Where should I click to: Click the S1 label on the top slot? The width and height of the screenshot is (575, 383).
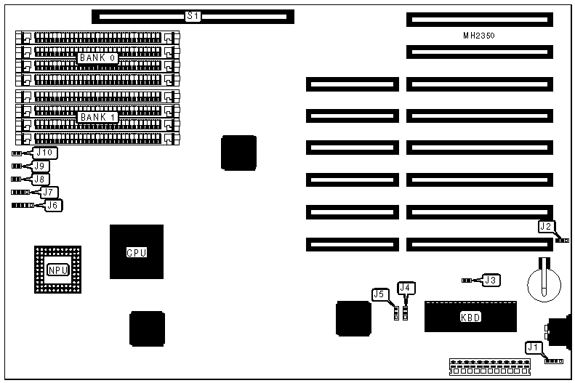pyautogui.click(x=193, y=15)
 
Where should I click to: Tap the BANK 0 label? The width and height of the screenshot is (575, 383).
pyautogui.click(x=98, y=58)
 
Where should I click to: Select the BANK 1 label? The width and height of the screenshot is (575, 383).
pyautogui.click(x=98, y=117)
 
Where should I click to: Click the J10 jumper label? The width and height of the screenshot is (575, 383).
pyautogui.click(x=46, y=153)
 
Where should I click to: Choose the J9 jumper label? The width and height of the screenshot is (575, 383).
pyautogui.click(x=41, y=166)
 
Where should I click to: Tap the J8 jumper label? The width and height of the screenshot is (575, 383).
pyautogui.click(x=41, y=179)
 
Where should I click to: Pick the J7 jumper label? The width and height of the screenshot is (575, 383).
pyautogui.click(x=49, y=193)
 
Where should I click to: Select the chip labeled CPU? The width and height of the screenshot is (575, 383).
pyautogui.click(x=137, y=252)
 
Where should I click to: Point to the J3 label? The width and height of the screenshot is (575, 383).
pyautogui.click(x=492, y=280)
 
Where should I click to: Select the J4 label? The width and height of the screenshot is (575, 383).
pyautogui.click(x=407, y=289)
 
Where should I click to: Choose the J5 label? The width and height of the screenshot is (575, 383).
pyautogui.click(x=379, y=294)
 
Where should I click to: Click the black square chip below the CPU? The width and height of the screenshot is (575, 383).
pyautogui.click(x=146, y=329)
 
